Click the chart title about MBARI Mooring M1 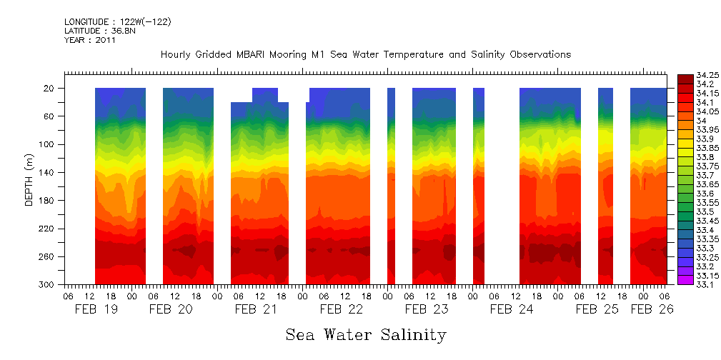tap(365, 54)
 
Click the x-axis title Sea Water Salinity tap(366, 334)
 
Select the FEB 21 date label tap(256, 309)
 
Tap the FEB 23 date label tap(426, 309)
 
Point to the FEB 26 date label tap(651, 309)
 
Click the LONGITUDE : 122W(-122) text tap(117, 22)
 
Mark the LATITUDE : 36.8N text tap(100, 31)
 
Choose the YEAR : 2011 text tap(90, 40)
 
